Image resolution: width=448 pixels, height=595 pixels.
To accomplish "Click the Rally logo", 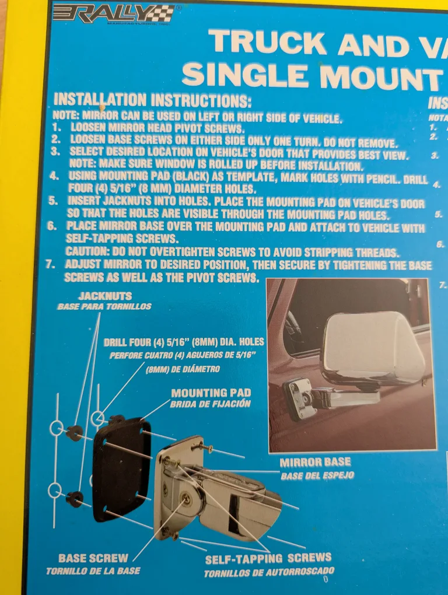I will pos(113,13).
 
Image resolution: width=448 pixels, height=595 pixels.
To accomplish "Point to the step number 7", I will pos(51,265).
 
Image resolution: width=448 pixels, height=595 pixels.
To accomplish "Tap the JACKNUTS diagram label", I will pos(105,296).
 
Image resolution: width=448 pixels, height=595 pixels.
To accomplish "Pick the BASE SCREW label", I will pos(93,558).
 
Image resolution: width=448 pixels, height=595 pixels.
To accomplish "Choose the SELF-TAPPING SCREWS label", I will pos(268,559).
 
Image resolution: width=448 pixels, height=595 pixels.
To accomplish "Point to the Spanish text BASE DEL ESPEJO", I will pos(317,475).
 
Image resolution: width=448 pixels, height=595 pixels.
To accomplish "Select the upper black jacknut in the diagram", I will pos(75,433).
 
